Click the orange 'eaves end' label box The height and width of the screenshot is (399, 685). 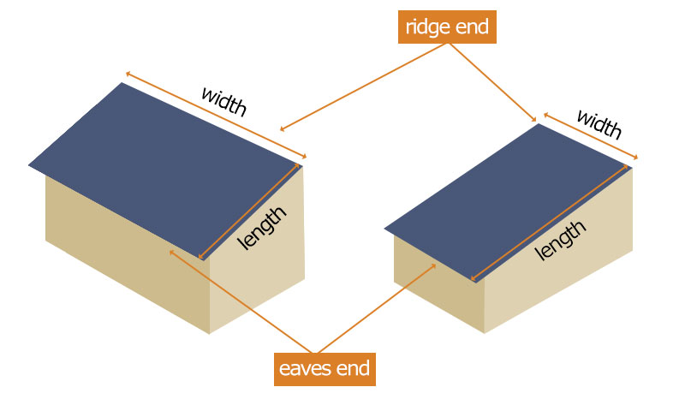325,369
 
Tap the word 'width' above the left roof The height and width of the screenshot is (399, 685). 223,101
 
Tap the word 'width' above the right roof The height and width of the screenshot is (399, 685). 599,124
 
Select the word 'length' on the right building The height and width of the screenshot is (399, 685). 561,240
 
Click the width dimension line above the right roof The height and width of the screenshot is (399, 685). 591,137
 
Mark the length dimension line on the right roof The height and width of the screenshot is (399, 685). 548,224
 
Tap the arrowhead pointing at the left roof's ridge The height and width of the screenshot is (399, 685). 283,130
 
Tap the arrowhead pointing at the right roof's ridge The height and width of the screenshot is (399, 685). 533,120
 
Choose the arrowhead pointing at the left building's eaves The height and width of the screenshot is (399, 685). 172,252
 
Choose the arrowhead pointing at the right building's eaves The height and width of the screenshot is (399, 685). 436,265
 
